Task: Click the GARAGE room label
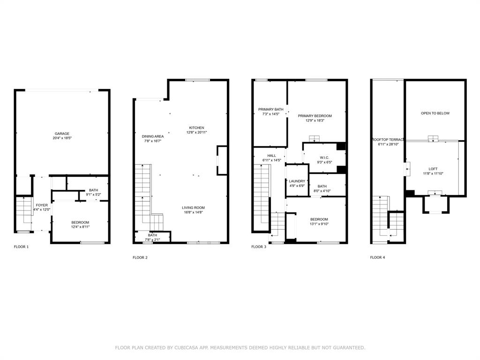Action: [62, 134]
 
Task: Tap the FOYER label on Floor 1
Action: [42, 205]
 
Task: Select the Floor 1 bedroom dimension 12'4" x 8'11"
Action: [80, 227]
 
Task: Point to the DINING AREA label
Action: [153, 136]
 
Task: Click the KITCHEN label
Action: [196, 127]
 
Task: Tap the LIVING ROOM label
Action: [193, 208]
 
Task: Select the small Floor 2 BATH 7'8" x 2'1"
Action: [152, 240]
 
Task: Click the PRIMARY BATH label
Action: [271, 109]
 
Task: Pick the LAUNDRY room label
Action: [297, 181]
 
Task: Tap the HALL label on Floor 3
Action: [272, 156]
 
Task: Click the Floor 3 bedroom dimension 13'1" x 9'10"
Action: [319, 224]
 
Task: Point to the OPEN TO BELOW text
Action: [435, 113]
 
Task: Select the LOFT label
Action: [433, 169]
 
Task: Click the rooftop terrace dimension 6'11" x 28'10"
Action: [388, 144]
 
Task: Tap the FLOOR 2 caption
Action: [140, 257]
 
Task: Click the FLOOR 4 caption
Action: [378, 257]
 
